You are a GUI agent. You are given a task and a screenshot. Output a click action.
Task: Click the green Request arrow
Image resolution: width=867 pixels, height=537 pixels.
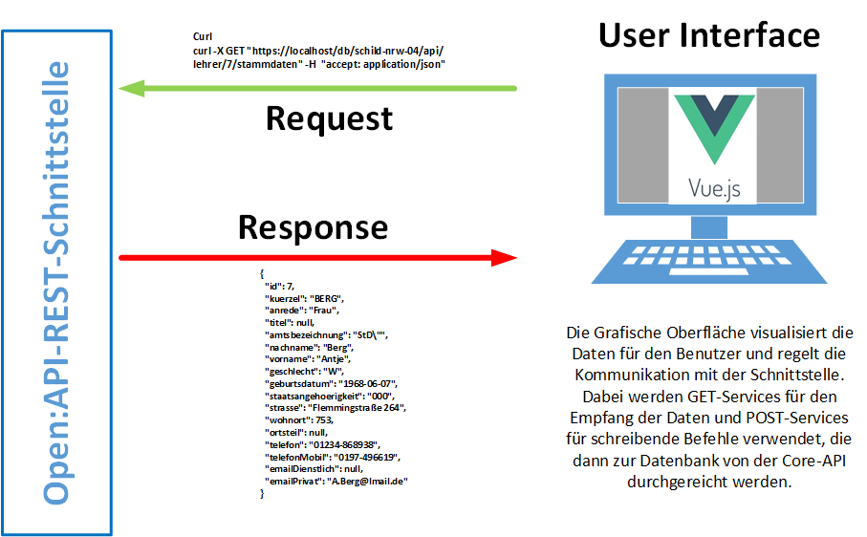(315, 89)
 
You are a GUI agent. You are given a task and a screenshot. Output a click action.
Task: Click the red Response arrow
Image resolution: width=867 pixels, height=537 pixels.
(315, 257)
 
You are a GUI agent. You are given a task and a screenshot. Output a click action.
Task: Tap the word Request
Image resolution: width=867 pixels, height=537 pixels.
(329, 118)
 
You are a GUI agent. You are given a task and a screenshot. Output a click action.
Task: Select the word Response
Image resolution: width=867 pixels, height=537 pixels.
(313, 226)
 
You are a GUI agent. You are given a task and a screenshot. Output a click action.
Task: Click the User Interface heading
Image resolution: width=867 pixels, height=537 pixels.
(708, 35)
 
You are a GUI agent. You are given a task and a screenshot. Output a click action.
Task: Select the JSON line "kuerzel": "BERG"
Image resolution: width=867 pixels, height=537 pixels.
(305, 298)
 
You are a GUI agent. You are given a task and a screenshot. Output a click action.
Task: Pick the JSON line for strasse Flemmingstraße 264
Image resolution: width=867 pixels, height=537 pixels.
(336, 407)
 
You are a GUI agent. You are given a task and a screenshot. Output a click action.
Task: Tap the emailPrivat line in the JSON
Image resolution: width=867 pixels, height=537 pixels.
(336, 481)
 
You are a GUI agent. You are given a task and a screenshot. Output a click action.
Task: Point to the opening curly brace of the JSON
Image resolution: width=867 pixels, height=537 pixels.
(261, 273)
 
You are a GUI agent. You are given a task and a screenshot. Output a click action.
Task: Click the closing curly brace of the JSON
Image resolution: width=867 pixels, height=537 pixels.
(261, 493)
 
